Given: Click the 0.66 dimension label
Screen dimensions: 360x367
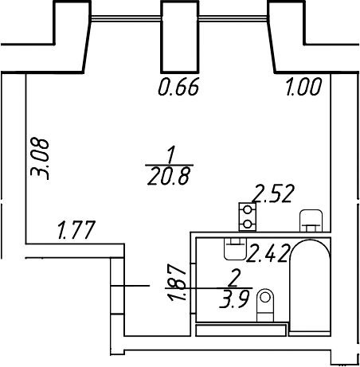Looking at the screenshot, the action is coord(178,87).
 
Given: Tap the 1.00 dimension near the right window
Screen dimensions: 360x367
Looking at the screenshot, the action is coord(303,87).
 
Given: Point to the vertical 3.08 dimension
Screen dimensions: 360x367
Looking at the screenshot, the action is coord(40,158).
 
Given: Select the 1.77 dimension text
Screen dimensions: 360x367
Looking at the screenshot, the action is coord(76,229).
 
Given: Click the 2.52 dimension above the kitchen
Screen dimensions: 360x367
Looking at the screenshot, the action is coord(273,193).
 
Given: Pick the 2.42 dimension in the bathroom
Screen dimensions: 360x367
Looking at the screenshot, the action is coord(268,253).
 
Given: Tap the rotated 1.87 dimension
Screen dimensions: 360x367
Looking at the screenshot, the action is coord(176,282).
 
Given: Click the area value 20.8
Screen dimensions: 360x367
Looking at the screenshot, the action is coord(169,176).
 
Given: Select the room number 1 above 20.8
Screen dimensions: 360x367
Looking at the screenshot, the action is coord(171,154).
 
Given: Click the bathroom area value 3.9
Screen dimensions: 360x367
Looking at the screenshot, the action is coord(234,299).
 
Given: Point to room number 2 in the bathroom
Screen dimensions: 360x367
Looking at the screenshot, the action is coord(234,278).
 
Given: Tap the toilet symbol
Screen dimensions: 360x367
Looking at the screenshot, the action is coord(265,305).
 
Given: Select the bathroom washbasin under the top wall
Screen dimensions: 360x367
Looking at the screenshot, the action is coord(235,248).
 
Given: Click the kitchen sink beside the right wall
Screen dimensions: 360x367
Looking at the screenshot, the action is coord(311,221).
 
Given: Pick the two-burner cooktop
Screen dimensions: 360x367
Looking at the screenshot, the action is coord(248,217).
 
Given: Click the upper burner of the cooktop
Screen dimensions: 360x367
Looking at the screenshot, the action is coord(248,209).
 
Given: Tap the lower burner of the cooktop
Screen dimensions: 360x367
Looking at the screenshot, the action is coord(248,224).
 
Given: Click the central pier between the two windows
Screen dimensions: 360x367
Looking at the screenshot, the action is coord(180,37).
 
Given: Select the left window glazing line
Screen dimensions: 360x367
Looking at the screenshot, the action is coord(126,18).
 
